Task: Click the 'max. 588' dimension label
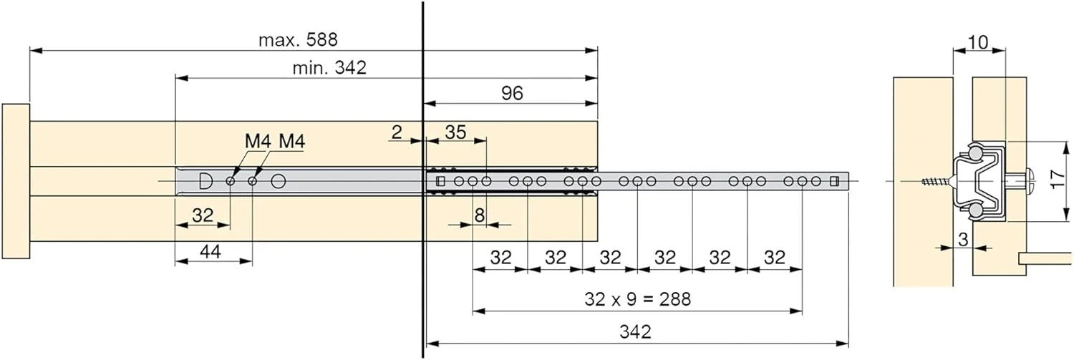point(298,40)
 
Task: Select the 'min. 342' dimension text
point(329,67)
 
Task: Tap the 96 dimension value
point(512,93)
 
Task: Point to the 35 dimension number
point(455,132)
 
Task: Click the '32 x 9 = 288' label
point(638,299)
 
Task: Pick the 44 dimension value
point(210,252)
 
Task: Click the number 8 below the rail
point(480,215)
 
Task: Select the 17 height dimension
point(1058,179)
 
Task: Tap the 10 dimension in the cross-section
point(978,43)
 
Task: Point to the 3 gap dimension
point(963,239)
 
